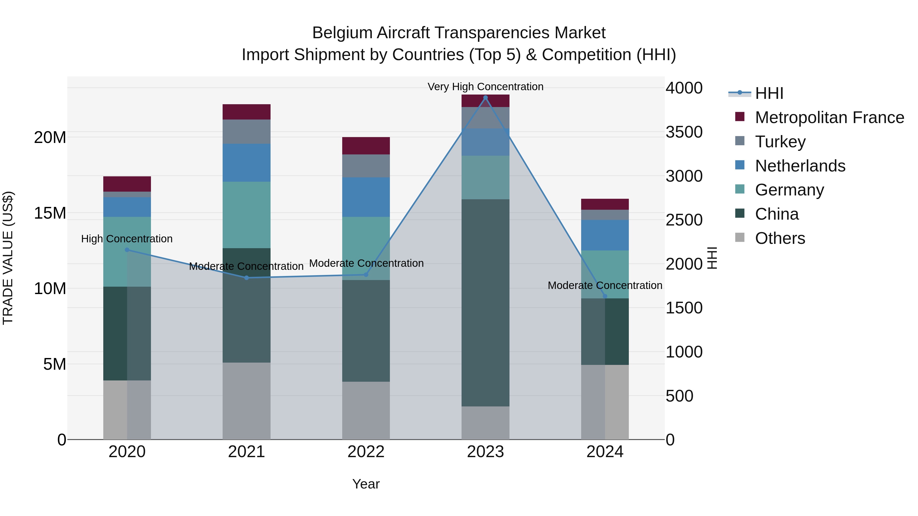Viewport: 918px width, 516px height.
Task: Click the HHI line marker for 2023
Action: point(485,98)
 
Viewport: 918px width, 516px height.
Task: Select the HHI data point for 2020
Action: point(127,250)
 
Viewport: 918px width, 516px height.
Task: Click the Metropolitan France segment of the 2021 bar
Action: point(246,112)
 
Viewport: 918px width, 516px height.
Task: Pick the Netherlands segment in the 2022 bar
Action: point(366,197)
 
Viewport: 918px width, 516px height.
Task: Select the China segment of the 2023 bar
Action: point(485,303)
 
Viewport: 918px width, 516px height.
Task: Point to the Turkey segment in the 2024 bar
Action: point(605,215)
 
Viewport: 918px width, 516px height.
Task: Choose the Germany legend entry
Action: point(789,190)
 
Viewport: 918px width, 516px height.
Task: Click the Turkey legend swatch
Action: point(740,141)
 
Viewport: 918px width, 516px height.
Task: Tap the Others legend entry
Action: point(780,238)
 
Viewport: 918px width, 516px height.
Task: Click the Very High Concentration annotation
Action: point(485,87)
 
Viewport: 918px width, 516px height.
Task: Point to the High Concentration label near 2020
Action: point(127,239)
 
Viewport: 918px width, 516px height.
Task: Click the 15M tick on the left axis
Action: point(50,213)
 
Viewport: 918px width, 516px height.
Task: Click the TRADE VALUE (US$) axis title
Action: point(8,258)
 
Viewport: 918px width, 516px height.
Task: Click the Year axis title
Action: point(366,484)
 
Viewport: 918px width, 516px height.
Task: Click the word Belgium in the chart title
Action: point(342,33)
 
